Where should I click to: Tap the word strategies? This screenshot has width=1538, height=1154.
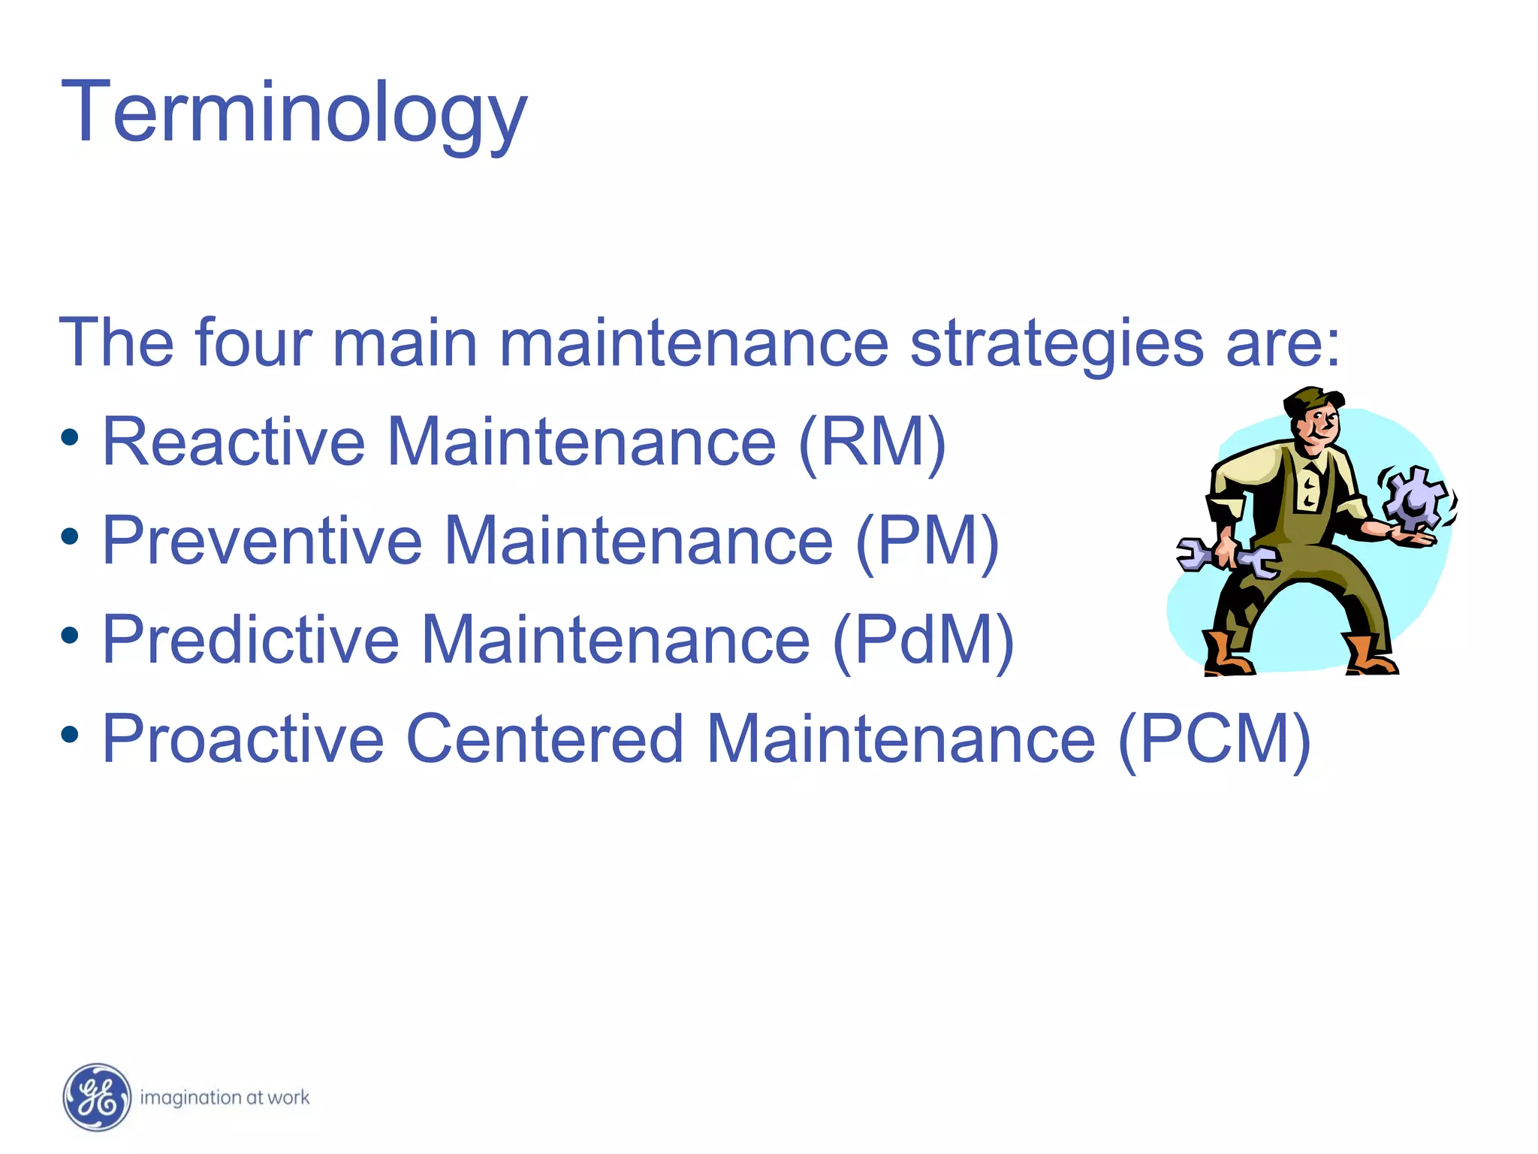click(x=1057, y=343)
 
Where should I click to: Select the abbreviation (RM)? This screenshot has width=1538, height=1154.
click(x=871, y=443)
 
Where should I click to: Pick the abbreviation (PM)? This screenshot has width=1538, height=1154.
click(x=927, y=541)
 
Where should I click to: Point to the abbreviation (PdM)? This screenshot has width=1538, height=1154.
click(x=923, y=640)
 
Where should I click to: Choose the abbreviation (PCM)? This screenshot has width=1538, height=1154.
click(x=1214, y=739)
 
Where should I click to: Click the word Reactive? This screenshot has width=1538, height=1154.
click(x=234, y=443)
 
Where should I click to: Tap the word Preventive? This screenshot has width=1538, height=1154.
click(x=262, y=541)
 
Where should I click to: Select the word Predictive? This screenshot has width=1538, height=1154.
click(x=251, y=640)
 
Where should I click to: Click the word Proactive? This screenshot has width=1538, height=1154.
click(x=243, y=739)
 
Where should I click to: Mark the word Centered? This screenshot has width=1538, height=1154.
click(x=544, y=739)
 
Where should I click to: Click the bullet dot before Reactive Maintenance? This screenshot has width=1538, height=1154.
click(x=70, y=438)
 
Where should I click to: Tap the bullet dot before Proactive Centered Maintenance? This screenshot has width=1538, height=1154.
click(x=70, y=734)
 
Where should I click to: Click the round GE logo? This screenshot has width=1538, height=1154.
click(x=97, y=1098)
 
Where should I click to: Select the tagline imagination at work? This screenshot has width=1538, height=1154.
click(x=225, y=1098)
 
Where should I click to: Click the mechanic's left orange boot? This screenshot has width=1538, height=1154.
click(x=1223, y=655)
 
